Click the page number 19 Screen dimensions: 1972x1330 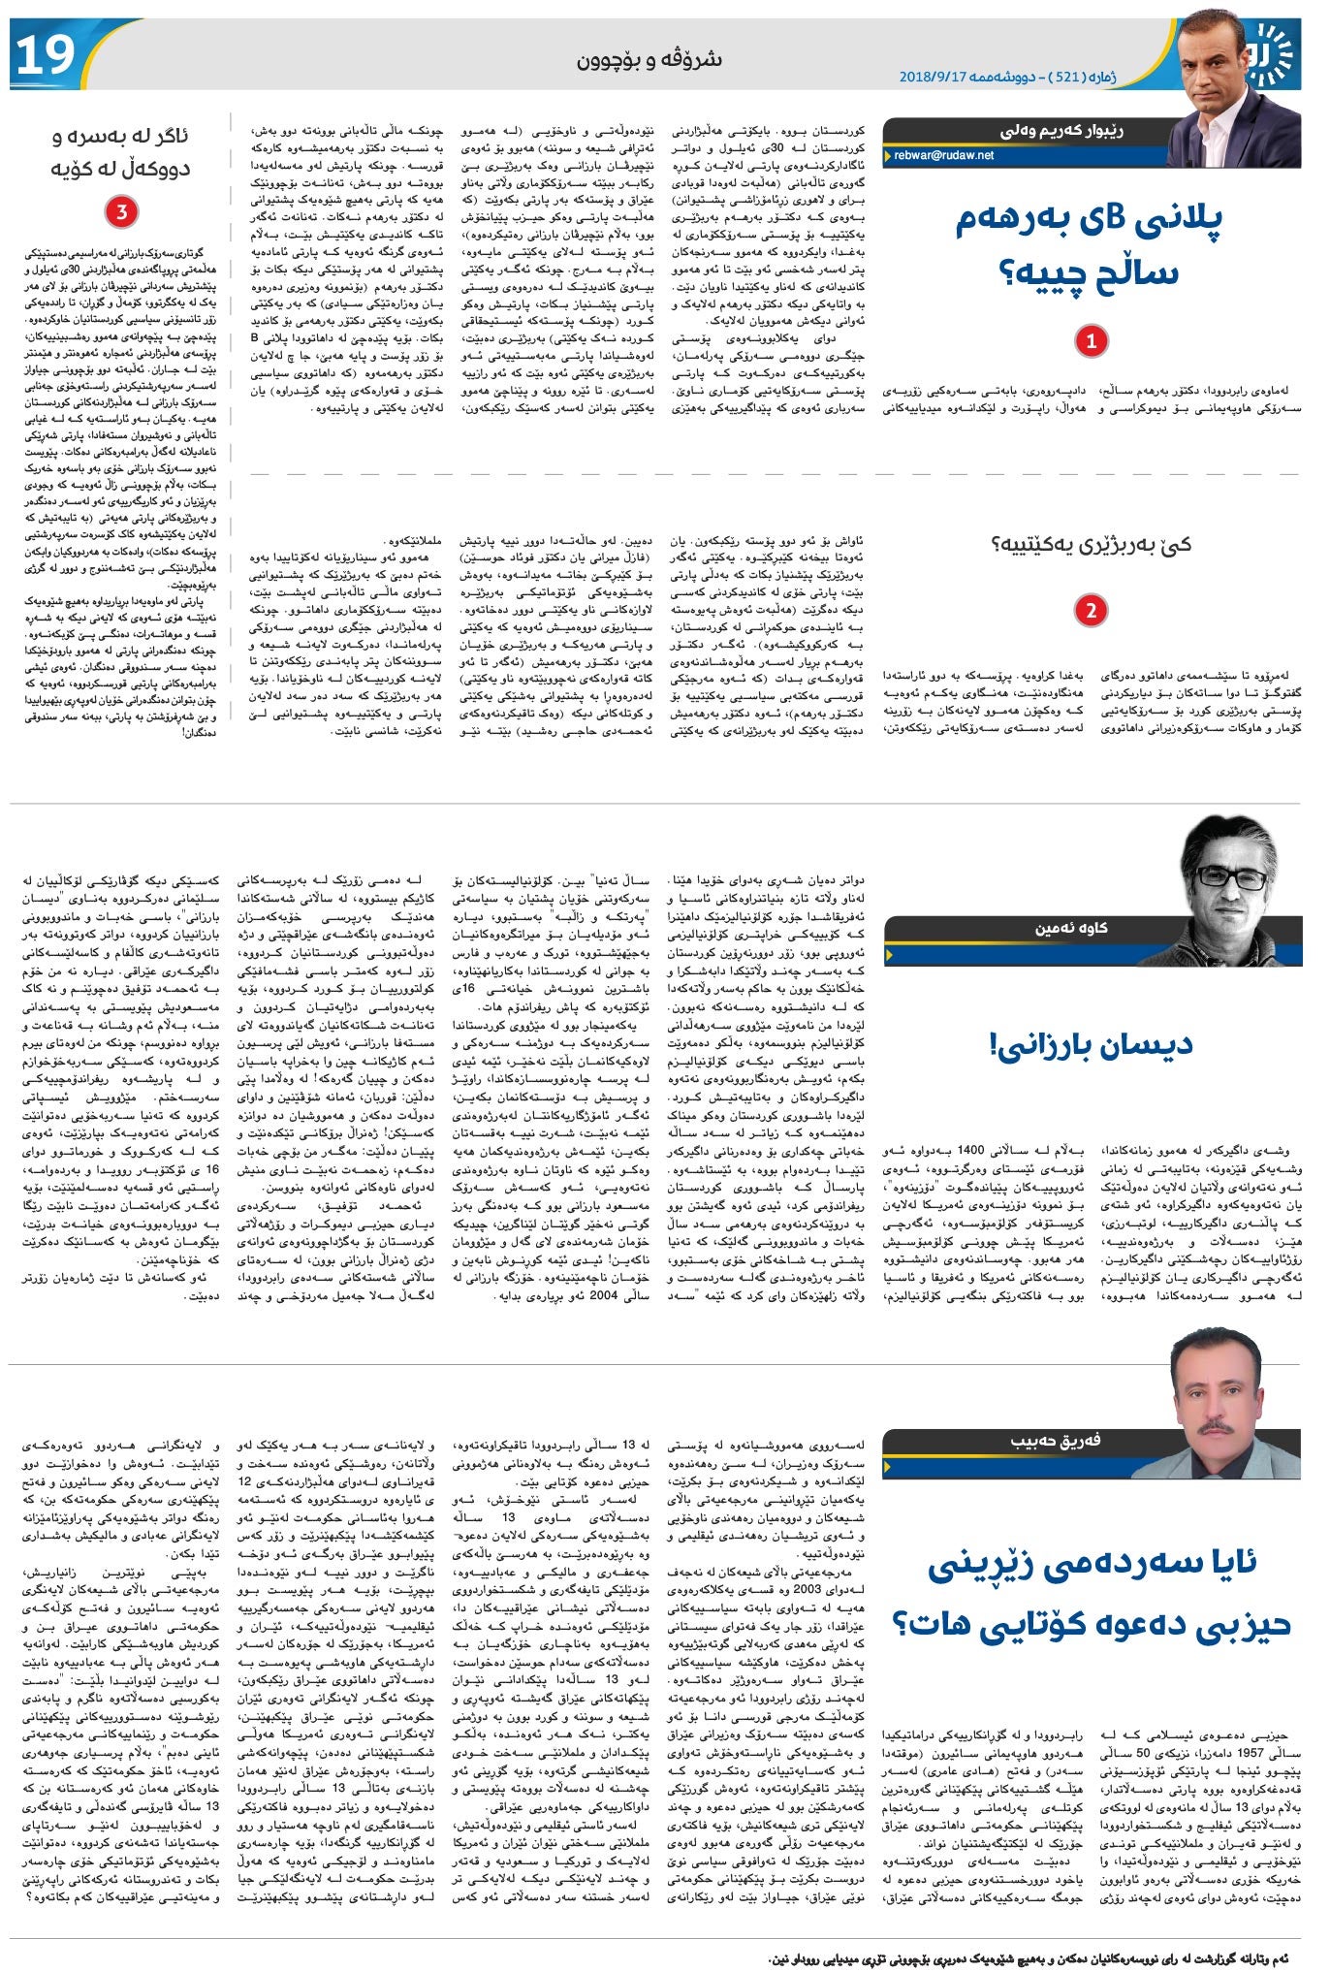click(46, 55)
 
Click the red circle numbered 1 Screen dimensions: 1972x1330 click(1092, 340)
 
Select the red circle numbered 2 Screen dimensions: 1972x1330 click(1092, 611)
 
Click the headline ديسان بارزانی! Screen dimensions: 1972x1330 click(1092, 1044)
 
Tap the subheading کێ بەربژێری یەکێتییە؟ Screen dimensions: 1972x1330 click(1092, 544)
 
